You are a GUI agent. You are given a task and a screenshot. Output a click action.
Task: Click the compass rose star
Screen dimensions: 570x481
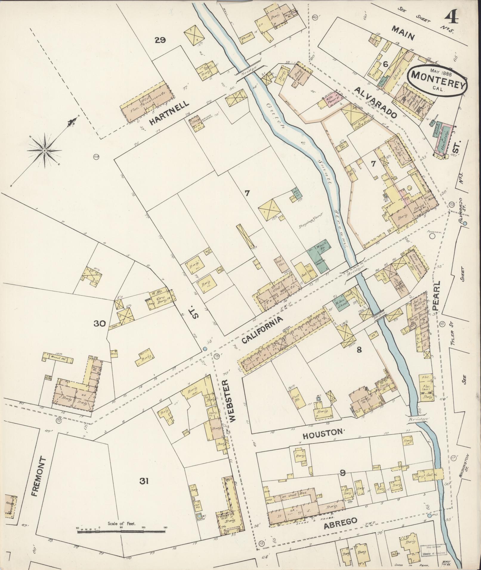coord(44,151)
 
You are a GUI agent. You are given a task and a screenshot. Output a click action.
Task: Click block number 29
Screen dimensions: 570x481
coord(160,40)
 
